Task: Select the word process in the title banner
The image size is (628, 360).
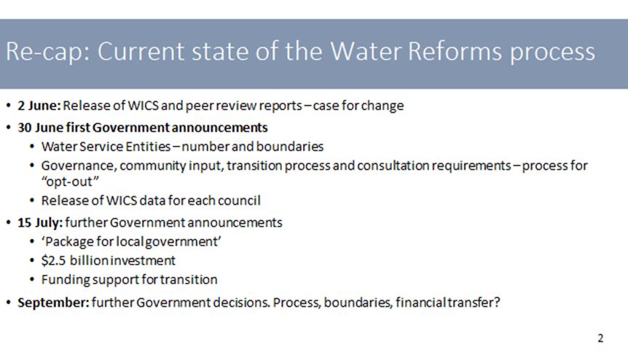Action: tap(553, 53)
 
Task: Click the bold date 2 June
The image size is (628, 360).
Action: tap(39, 106)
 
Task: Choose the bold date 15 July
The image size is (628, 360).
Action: tap(40, 223)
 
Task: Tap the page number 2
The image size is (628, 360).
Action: tap(600, 338)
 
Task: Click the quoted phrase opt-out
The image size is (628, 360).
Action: tap(70, 181)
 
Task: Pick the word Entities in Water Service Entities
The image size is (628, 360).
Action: tap(148, 146)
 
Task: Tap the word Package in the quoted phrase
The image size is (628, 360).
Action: tap(68, 242)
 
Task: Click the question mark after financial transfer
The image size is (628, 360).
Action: tap(497, 302)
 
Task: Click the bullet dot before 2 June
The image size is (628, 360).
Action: tap(9, 106)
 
